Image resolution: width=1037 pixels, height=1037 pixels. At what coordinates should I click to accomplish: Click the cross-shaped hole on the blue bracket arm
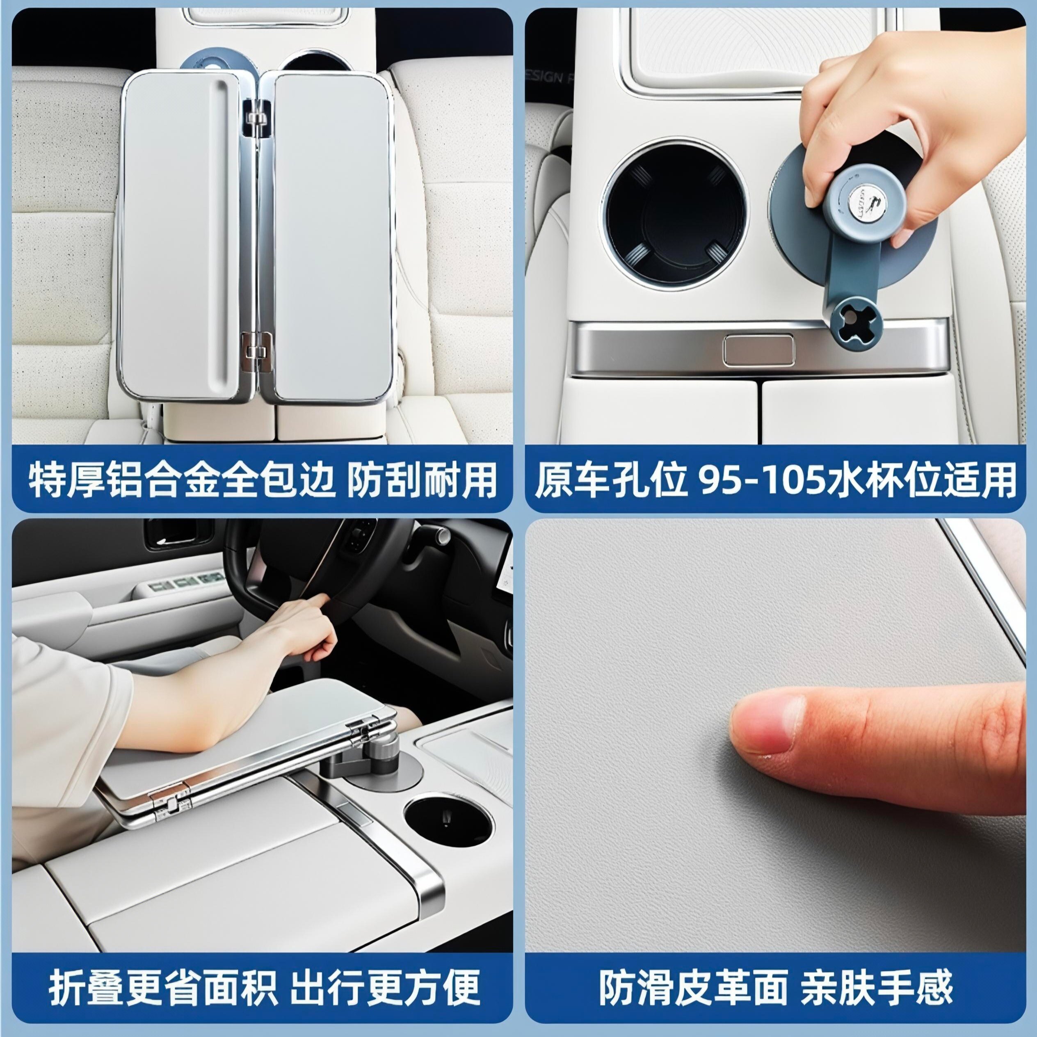856,322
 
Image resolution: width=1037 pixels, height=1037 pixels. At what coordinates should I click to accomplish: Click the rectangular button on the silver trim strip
758,351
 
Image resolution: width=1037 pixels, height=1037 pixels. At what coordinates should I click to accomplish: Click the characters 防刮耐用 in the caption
422,479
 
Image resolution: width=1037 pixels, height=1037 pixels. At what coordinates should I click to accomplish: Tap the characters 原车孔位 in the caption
611,479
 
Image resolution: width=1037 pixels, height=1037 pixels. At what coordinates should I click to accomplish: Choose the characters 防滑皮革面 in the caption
693,987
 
